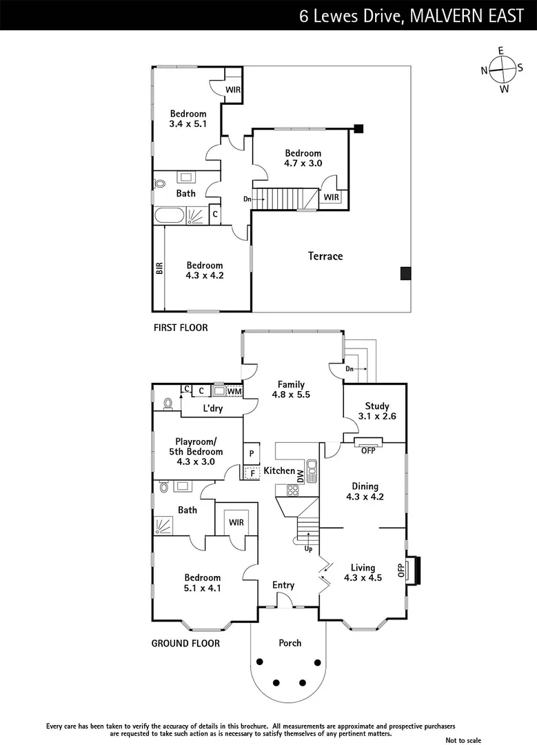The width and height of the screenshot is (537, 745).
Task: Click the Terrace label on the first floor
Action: click(x=325, y=257)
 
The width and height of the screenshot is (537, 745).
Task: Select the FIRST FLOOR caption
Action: click(x=181, y=328)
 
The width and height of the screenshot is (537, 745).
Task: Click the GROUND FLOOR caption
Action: click(x=185, y=644)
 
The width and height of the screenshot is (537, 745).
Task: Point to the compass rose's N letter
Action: click(x=485, y=70)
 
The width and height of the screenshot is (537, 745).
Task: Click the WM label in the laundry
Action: click(x=234, y=392)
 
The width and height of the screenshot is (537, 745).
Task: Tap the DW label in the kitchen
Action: click(x=300, y=475)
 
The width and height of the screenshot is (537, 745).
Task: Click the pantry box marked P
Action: click(x=252, y=453)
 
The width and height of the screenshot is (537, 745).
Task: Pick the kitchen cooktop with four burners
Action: click(x=292, y=491)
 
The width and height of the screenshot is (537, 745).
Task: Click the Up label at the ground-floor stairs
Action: click(x=309, y=550)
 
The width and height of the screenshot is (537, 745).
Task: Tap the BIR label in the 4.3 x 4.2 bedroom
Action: click(x=159, y=268)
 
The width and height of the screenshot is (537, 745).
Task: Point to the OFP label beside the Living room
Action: click(x=401, y=570)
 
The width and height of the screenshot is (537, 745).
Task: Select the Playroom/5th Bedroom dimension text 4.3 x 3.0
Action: click(x=196, y=462)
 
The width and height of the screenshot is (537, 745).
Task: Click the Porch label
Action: click(x=290, y=643)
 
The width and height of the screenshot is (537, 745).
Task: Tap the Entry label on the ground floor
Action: click(x=283, y=585)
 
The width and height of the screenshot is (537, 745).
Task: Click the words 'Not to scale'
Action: click(x=464, y=739)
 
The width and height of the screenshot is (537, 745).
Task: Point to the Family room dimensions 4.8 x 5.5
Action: click(x=291, y=395)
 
